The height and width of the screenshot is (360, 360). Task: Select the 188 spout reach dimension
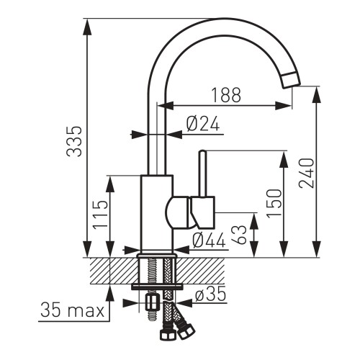pos(225,94)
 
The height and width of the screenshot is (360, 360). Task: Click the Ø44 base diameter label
pos(209,241)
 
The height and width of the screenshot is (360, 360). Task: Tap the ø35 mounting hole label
pos(211,294)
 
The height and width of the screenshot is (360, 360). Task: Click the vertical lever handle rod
pos(202,173)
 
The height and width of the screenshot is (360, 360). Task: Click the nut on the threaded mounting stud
pos(152,302)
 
